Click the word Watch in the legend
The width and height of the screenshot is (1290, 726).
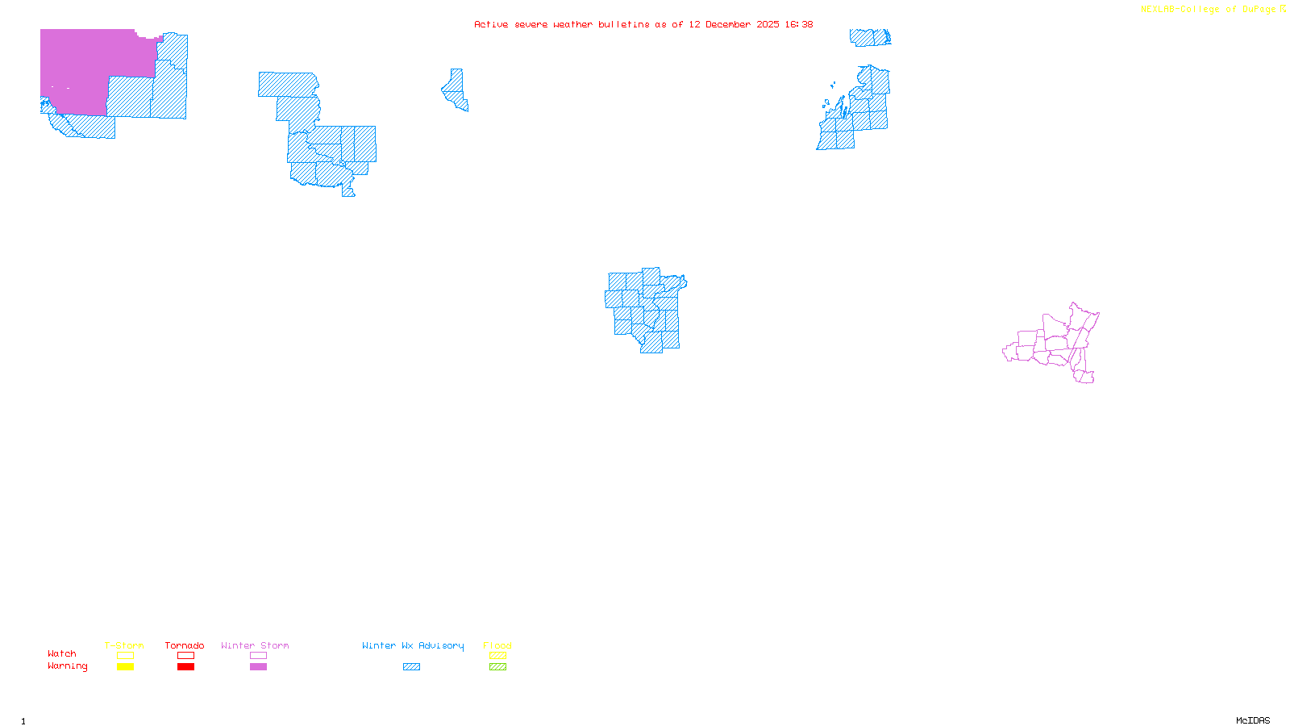(62, 653)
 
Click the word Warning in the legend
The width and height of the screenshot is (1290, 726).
(67, 666)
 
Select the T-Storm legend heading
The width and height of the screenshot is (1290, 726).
(124, 645)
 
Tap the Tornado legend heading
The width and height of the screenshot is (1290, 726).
(185, 645)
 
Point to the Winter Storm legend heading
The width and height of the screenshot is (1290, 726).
(255, 645)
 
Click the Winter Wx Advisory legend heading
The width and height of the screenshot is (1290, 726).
(413, 645)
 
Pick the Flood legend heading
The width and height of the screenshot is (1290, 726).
(497, 645)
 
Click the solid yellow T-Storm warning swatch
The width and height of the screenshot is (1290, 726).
(125, 667)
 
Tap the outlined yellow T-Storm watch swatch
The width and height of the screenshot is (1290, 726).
(125, 656)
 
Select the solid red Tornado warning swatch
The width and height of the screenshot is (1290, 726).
(186, 667)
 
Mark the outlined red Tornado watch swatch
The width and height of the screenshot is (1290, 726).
(186, 656)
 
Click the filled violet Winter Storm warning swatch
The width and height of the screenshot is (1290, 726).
(258, 667)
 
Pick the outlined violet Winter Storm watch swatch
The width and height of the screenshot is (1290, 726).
(258, 656)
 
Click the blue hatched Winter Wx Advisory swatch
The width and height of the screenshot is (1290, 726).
(411, 667)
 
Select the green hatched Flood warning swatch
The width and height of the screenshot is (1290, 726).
(498, 667)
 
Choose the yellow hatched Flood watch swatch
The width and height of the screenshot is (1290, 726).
(498, 656)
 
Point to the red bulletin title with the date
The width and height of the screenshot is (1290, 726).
(643, 25)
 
